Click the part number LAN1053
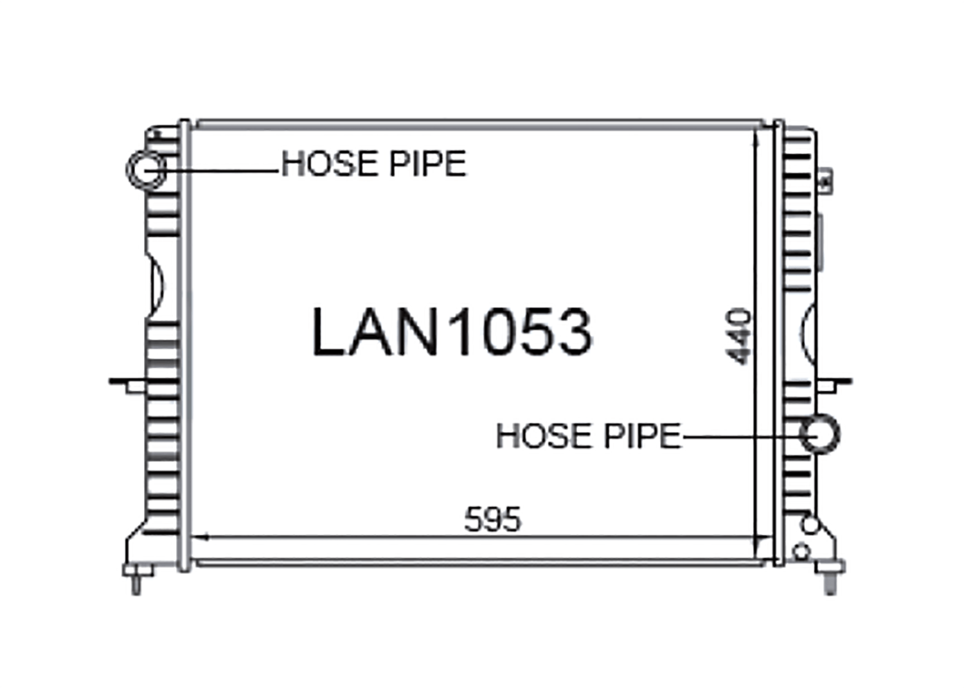452,331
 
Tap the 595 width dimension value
493,519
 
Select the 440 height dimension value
738,336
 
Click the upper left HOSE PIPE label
373,163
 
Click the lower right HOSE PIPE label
589,436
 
